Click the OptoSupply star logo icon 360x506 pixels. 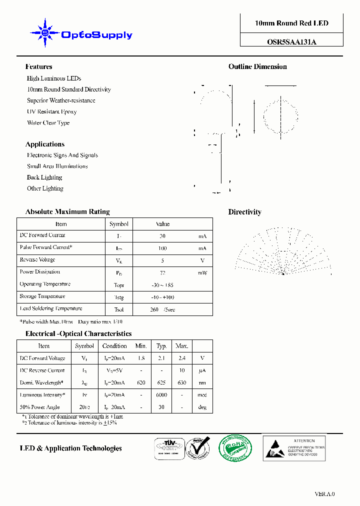[45, 33]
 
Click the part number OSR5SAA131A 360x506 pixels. [291, 42]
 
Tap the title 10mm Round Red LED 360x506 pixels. [291, 23]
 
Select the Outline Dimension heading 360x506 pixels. [257, 66]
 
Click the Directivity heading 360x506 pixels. [245, 212]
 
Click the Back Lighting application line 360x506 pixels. [44, 177]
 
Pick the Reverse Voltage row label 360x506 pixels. [37, 260]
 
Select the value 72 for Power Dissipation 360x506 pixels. [162, 273]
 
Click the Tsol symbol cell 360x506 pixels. [119, 309]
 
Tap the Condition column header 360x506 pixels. [114, 346]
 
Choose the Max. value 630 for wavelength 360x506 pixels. [181, 383]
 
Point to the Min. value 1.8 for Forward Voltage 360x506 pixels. [141, 358]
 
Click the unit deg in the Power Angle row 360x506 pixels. [202, 407]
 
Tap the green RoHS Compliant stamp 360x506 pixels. [235, 447]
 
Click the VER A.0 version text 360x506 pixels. [324, 493]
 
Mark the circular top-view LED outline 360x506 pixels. [280, 115]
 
